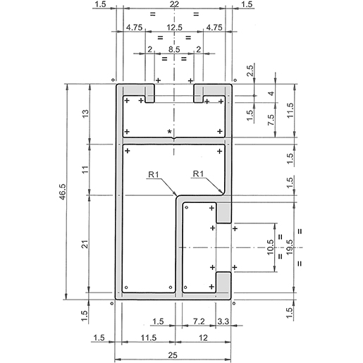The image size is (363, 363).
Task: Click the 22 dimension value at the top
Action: [x=174, y=5]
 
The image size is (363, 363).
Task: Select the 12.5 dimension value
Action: [x=174, y=27]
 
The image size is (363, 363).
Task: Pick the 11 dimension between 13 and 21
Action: [x=85, y=168]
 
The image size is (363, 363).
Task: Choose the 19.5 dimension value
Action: [x=288, y=247]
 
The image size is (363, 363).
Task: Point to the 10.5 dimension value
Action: [x=271, y=247]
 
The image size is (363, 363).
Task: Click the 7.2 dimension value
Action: [x=199, y=321]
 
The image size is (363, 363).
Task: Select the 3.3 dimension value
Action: [x=223, y=321]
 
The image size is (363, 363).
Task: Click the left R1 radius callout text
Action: [x=156, y=174]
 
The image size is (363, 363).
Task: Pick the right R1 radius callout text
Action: [x=198, y=174]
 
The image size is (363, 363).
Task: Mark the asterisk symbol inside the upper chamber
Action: [x=168, y=132]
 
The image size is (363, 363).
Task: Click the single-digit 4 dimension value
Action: [x=271, y=94]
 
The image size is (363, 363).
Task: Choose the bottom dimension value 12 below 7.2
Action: [x=204, y=338]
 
